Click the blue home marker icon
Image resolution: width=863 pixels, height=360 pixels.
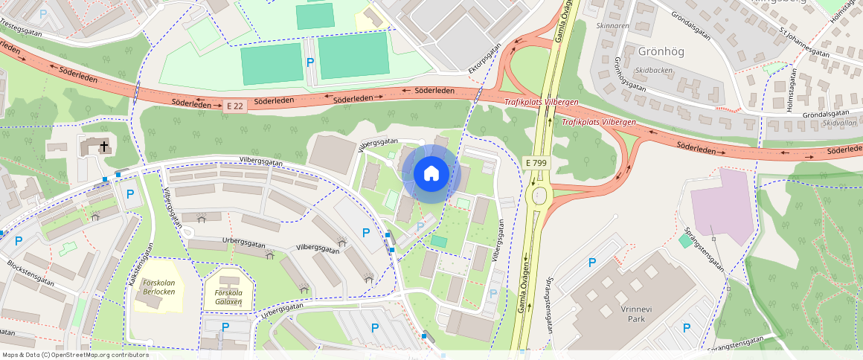click(431, 174)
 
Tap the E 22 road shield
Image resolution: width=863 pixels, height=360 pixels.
click(234, 106)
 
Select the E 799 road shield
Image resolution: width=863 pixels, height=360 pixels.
click(536, 162)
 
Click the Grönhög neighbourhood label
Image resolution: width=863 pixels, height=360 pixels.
click(661, 51)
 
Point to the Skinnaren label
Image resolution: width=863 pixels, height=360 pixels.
click(612, 25)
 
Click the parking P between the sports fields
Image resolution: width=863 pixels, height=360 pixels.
click(309, 62)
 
